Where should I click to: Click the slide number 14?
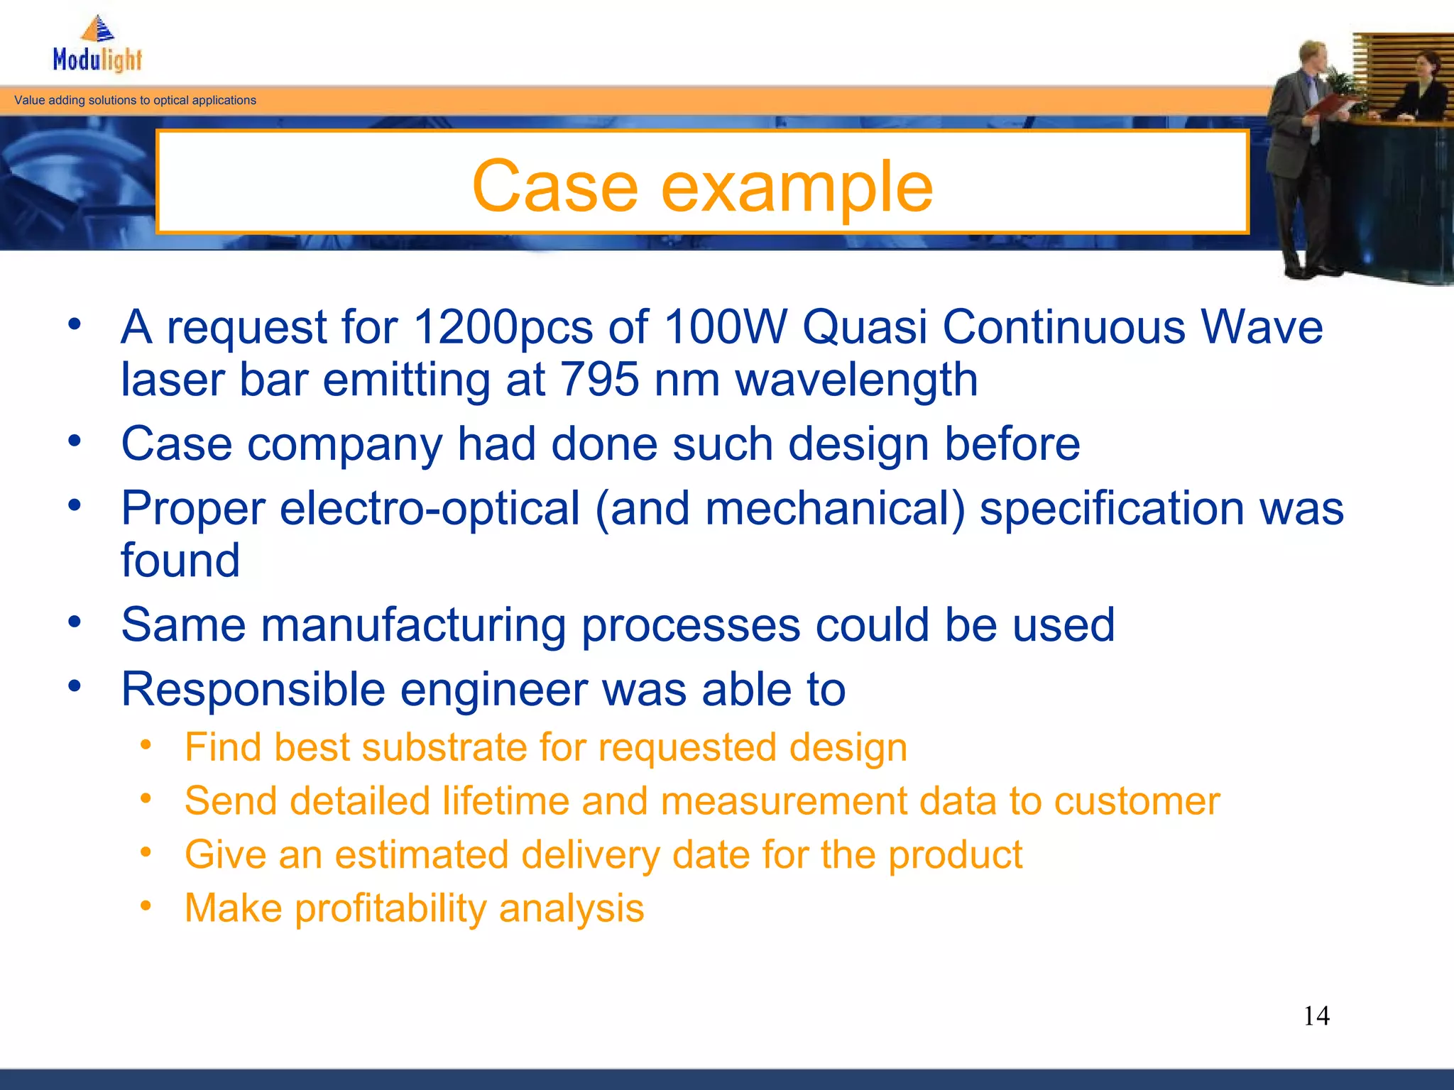click(1316, 1016)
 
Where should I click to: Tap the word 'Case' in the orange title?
click(554, 186)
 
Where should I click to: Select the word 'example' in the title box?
click(797, 187)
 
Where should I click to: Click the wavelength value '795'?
click(600, 380)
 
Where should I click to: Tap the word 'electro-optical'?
click(430, 510)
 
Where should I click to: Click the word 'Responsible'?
click(253, 690)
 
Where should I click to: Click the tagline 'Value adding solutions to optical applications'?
click(135, 101)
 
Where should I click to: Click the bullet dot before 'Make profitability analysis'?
click(146, 905)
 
